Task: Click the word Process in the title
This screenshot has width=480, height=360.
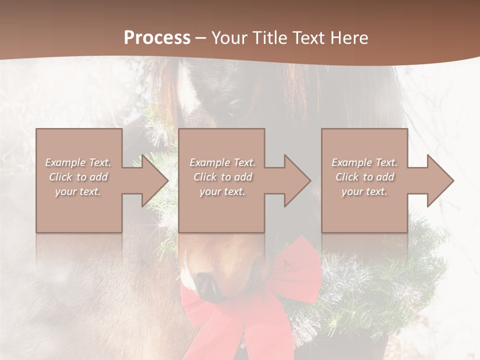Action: coord(157,37)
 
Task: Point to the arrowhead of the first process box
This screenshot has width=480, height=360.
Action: coord(155,180)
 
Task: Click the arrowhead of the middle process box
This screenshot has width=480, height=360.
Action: coord(297,180)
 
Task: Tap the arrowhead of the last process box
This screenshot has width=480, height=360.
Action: coord(440,180)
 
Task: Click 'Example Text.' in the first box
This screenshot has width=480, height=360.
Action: coord(78,162)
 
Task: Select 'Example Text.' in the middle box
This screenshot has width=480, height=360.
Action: coord(222,162)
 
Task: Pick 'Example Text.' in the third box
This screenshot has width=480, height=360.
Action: coord(364,162)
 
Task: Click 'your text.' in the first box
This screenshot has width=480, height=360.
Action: coord(78,191)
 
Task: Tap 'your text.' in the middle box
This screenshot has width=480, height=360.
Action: coord(222,191)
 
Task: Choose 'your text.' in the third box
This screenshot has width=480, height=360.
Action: coord(364,191)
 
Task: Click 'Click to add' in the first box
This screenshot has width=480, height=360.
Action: coord(78,177)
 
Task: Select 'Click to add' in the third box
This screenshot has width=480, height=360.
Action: coord(364,177)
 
